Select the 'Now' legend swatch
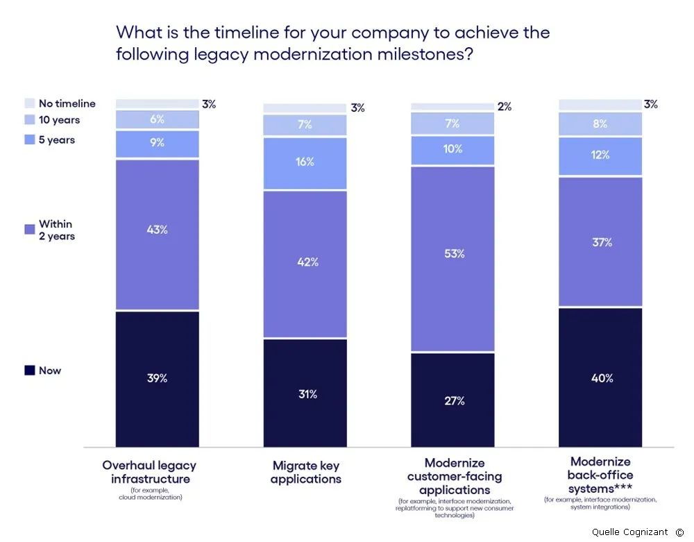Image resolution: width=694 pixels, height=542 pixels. [x=30, y=371]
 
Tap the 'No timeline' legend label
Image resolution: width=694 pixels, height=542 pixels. [x=67, y=103]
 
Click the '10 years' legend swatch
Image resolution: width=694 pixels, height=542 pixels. [x=30, y=120]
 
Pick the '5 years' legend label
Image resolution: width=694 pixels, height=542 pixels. [x=57, y=139]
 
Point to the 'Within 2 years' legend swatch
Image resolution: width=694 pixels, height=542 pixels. [x=30, y=229]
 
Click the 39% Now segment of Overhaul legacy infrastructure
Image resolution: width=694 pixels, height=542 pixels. [x=158, y=378]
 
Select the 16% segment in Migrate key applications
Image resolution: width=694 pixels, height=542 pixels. [x=305, y=162]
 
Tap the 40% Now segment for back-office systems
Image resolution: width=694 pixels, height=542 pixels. [x=601, y=378]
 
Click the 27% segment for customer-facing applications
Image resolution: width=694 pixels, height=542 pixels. [x=453, y=400]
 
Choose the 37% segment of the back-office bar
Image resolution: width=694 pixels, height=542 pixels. [x=601, y=242]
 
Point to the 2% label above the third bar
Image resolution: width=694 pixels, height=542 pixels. [x=505, y=106]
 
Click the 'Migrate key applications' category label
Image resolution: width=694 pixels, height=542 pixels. [x=305, y=473]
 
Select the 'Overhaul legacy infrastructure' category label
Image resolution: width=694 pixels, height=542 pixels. [x=149, y=472]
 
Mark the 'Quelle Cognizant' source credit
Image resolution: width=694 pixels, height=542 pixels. [x=629, y=532]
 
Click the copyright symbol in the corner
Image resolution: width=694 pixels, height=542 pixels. [x=679, y=532]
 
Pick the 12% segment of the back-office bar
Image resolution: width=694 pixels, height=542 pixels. [x=601, y=155]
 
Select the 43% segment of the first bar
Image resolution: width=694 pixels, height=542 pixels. [x=158, y=230]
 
